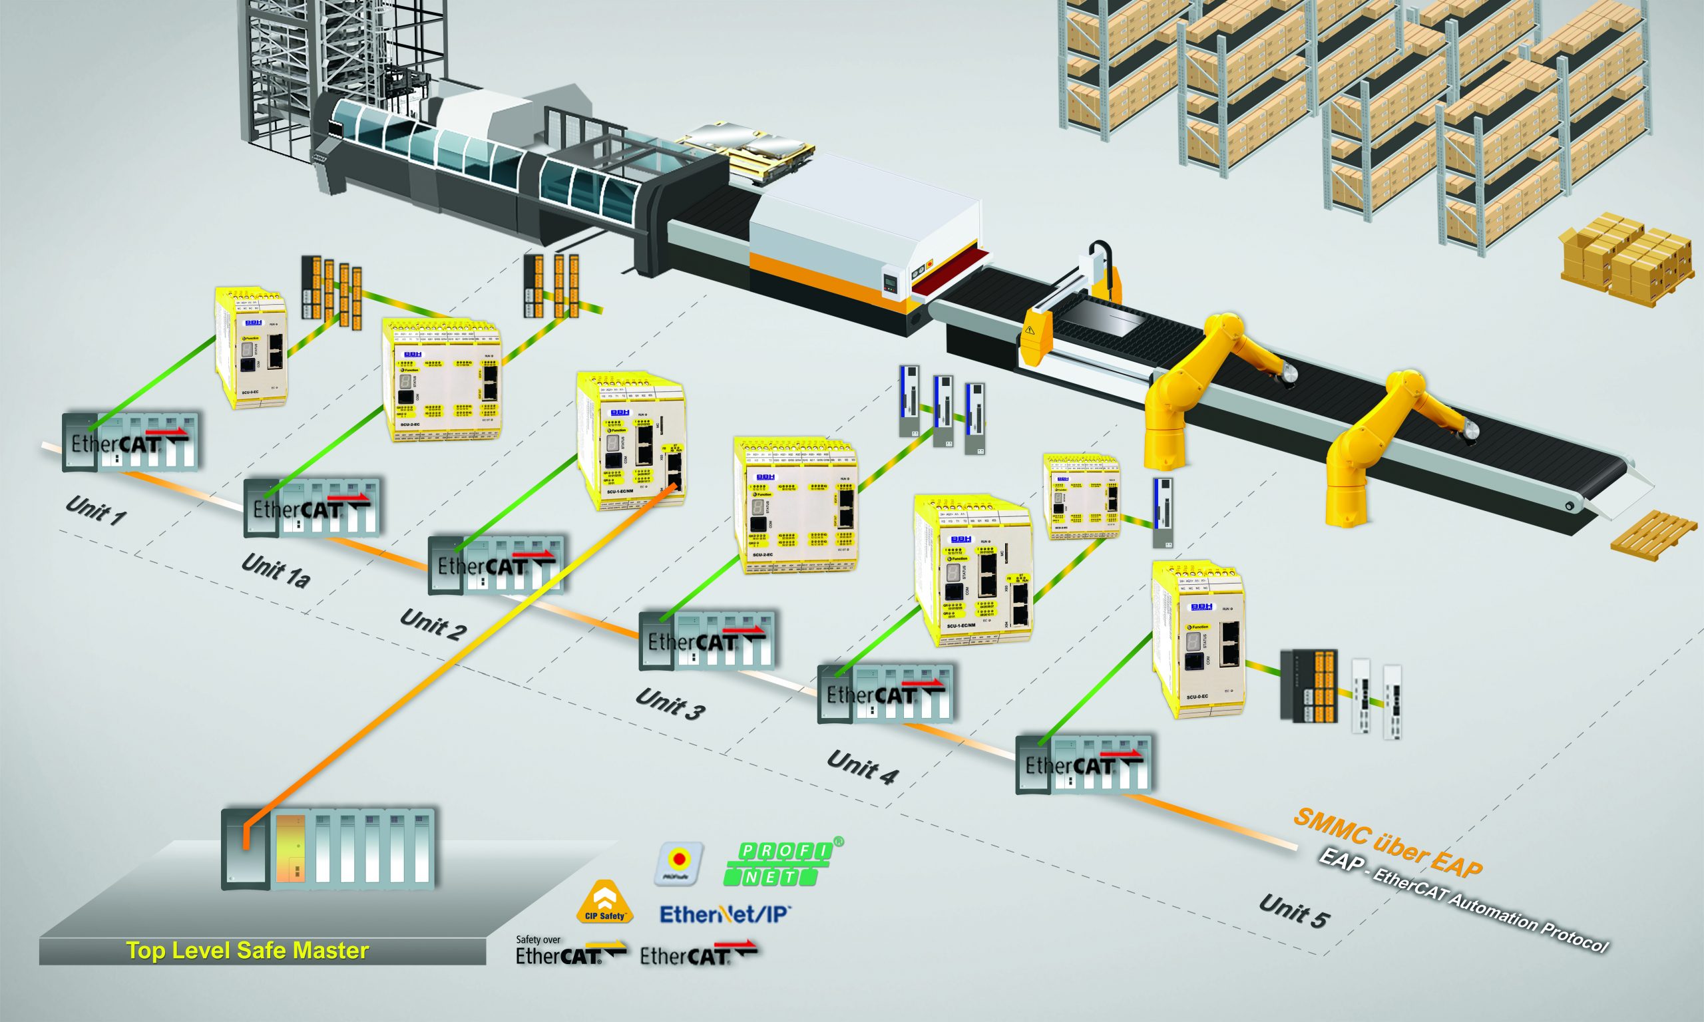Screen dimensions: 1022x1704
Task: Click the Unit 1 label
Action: [96, 510]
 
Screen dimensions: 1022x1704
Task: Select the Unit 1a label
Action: [275, 572]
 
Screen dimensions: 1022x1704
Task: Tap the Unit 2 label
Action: [433, 625]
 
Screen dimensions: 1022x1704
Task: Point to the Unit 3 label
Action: [670, 704]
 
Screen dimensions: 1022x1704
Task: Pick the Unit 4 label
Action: [863, 767]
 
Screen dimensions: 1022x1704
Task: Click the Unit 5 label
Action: [1293, 910]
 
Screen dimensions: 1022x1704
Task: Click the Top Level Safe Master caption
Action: [248, 951]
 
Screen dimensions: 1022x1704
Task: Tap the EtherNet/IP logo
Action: [726, 915]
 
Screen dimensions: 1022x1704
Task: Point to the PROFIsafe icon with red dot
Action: [679, 863]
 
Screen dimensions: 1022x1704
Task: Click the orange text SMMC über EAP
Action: [1387, 843]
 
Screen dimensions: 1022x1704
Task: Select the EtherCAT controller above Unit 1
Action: [131, 443]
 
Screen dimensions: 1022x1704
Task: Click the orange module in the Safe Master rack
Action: [291, 848]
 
